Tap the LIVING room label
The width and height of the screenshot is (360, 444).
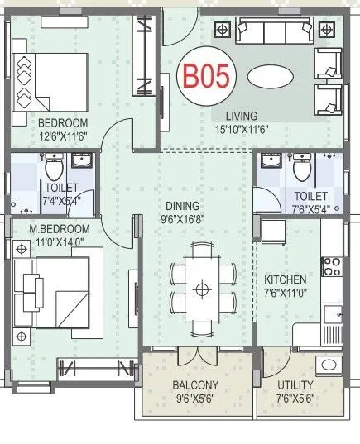235,116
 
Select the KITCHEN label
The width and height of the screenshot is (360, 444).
286,280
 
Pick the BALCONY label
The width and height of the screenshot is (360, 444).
195,385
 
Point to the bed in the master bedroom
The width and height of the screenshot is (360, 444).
53,294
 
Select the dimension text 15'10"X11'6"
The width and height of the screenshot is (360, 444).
236,128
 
